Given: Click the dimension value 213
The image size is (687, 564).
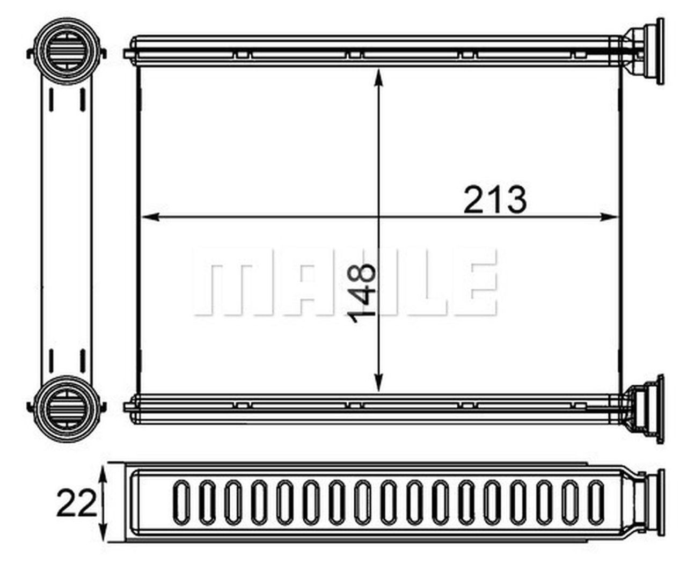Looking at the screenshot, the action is [x=494, y=200].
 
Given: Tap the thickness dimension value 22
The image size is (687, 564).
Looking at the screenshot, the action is [x=77, y=504].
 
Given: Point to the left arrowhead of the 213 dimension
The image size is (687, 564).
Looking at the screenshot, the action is [x=151, y=217].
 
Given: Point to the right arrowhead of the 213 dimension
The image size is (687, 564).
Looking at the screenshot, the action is [x=609, y=217].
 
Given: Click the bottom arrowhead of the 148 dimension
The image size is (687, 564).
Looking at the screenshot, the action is [x=378, y=383].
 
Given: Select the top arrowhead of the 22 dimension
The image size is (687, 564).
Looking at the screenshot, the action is [x=103, y=475].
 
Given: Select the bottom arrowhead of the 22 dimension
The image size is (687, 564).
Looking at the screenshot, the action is [x=103, y=533].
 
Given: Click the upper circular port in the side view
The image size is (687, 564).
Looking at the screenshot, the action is [x=67, y=51].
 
